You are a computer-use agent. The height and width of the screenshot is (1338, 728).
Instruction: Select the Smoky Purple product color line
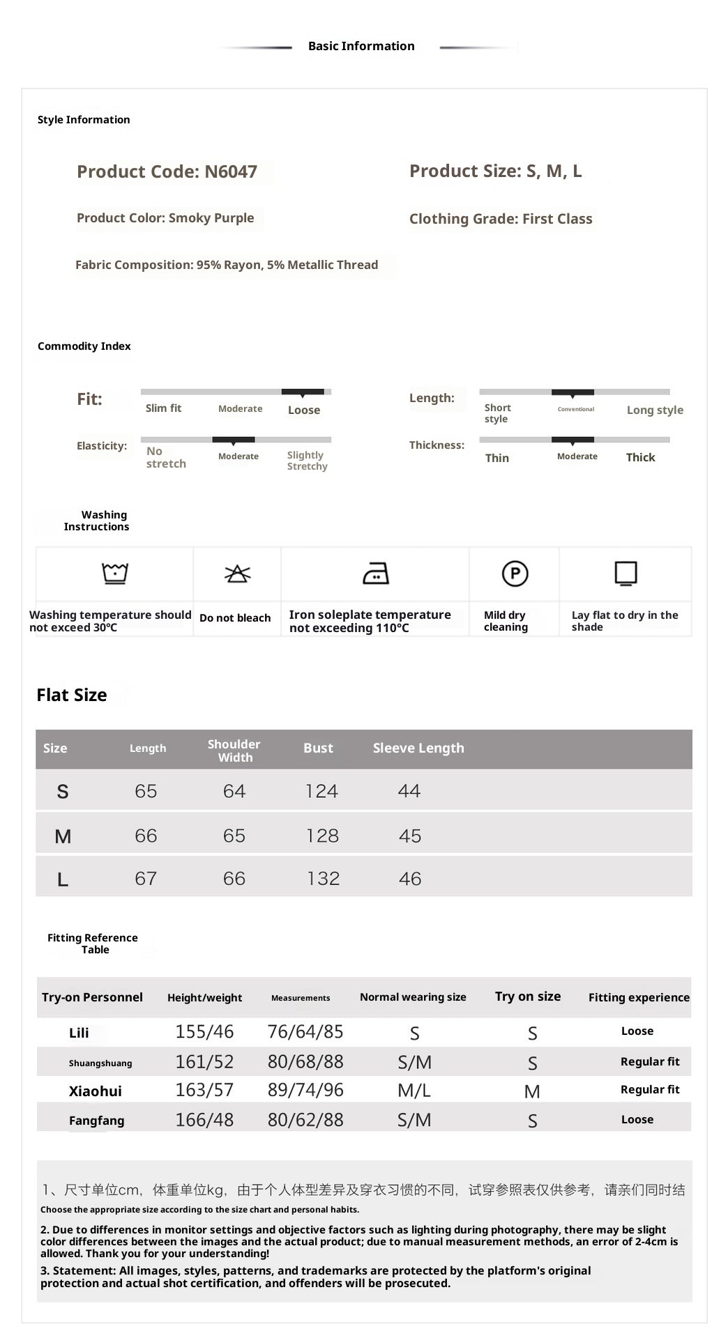(x=165, y=218)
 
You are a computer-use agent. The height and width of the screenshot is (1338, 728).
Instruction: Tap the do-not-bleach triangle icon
(x=237, y=574)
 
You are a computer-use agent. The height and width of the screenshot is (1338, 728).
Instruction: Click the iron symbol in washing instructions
(x=376, y=574)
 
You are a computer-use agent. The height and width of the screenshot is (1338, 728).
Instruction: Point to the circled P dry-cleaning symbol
(x=515, y=574)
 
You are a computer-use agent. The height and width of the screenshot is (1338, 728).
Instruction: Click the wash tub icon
(x=115, y=573)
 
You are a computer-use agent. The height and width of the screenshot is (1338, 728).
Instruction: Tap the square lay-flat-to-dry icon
(x=625, y=573)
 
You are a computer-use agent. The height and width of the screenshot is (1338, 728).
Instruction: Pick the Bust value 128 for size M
(x=322, y=836)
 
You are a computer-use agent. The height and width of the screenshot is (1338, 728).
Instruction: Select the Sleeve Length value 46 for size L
(x=410, y=879)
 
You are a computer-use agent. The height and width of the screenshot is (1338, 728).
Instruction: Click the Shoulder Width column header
(x=234, y=751)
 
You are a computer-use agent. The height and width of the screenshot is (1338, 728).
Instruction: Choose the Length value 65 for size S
(x=146, y=791)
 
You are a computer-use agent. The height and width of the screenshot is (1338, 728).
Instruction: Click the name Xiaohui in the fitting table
(x=96, y=1091)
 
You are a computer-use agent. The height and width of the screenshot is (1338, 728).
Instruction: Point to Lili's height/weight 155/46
(x=204, y=1031)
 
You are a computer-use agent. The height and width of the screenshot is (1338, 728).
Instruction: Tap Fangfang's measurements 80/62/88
(x=305, y=1120)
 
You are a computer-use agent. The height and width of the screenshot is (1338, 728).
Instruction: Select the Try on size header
(x=528, y=997)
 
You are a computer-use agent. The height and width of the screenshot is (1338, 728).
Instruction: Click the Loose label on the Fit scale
(x=304, y=410)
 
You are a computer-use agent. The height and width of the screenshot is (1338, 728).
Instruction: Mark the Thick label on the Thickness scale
(x=640, y=457)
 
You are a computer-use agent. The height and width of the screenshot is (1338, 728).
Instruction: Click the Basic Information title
(x=361, y=46)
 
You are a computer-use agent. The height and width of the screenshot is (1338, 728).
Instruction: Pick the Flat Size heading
(x=72, y=695)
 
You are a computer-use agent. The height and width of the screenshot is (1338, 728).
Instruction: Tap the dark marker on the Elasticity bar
(x=234, y=440)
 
